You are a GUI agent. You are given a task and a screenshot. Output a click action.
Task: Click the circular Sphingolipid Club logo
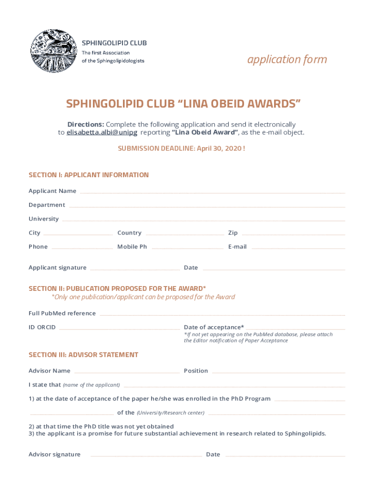click(53, 51)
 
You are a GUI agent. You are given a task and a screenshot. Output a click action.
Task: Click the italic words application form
click(287, 59)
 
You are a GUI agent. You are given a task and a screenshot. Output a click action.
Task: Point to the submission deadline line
click(182, 148)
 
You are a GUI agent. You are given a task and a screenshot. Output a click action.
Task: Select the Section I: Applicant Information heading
click(89, 175)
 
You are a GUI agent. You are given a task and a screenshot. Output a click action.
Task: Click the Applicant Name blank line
click(212, 192)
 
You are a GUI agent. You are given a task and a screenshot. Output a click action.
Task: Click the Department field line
click(207, 206)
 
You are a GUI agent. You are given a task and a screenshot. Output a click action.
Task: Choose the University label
click(44, 219)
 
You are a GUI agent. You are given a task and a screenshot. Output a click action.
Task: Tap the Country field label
click(129, 233)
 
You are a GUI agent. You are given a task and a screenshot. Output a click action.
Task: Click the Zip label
click(233, 233)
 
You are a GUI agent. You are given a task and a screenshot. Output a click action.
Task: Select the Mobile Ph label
click(132, 246)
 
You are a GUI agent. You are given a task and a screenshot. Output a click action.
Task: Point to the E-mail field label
click(237, 246)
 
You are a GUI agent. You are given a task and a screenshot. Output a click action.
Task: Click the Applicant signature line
click(135, 269)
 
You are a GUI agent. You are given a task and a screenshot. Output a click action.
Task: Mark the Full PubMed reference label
click(62, 313)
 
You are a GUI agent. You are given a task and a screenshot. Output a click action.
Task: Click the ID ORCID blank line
click(119, 329)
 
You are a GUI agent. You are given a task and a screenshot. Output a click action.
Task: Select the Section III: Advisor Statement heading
click(83, 355)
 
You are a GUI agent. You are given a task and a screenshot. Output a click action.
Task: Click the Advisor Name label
click(50, 371)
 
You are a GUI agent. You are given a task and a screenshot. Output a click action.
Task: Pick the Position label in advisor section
click(196, 371)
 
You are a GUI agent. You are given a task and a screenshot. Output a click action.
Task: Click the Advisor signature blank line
click(146, 456)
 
